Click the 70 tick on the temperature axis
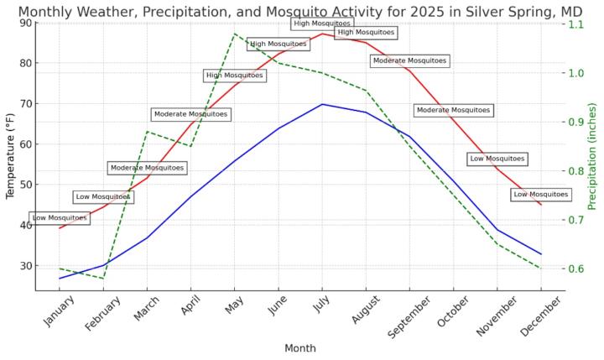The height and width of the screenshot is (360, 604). (x=26, y=104)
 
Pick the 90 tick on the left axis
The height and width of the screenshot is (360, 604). (x=26, y=23)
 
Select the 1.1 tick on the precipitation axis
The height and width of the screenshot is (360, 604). (x=575, y=24)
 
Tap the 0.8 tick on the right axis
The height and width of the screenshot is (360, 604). (x=575, y=171)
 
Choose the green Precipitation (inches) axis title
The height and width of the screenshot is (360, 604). (x=592, y=156)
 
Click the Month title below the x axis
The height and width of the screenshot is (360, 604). (x=300, y=348)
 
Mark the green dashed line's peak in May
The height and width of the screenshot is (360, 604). (x=235, y=34)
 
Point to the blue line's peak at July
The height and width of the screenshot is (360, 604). (x=322, y=104)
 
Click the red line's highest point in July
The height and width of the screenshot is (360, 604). (x=322, y=34)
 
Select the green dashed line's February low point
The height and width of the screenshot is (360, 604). (x=104, y=278)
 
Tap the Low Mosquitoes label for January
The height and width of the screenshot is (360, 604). (x=60, y=218)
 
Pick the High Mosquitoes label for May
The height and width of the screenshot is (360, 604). (x=235, y=76)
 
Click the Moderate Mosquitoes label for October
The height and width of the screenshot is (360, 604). (x=453, y=110)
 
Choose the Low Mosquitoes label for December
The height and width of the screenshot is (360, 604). (x=540, y=195)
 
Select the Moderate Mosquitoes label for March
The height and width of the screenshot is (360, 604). (x=147, y=168)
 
